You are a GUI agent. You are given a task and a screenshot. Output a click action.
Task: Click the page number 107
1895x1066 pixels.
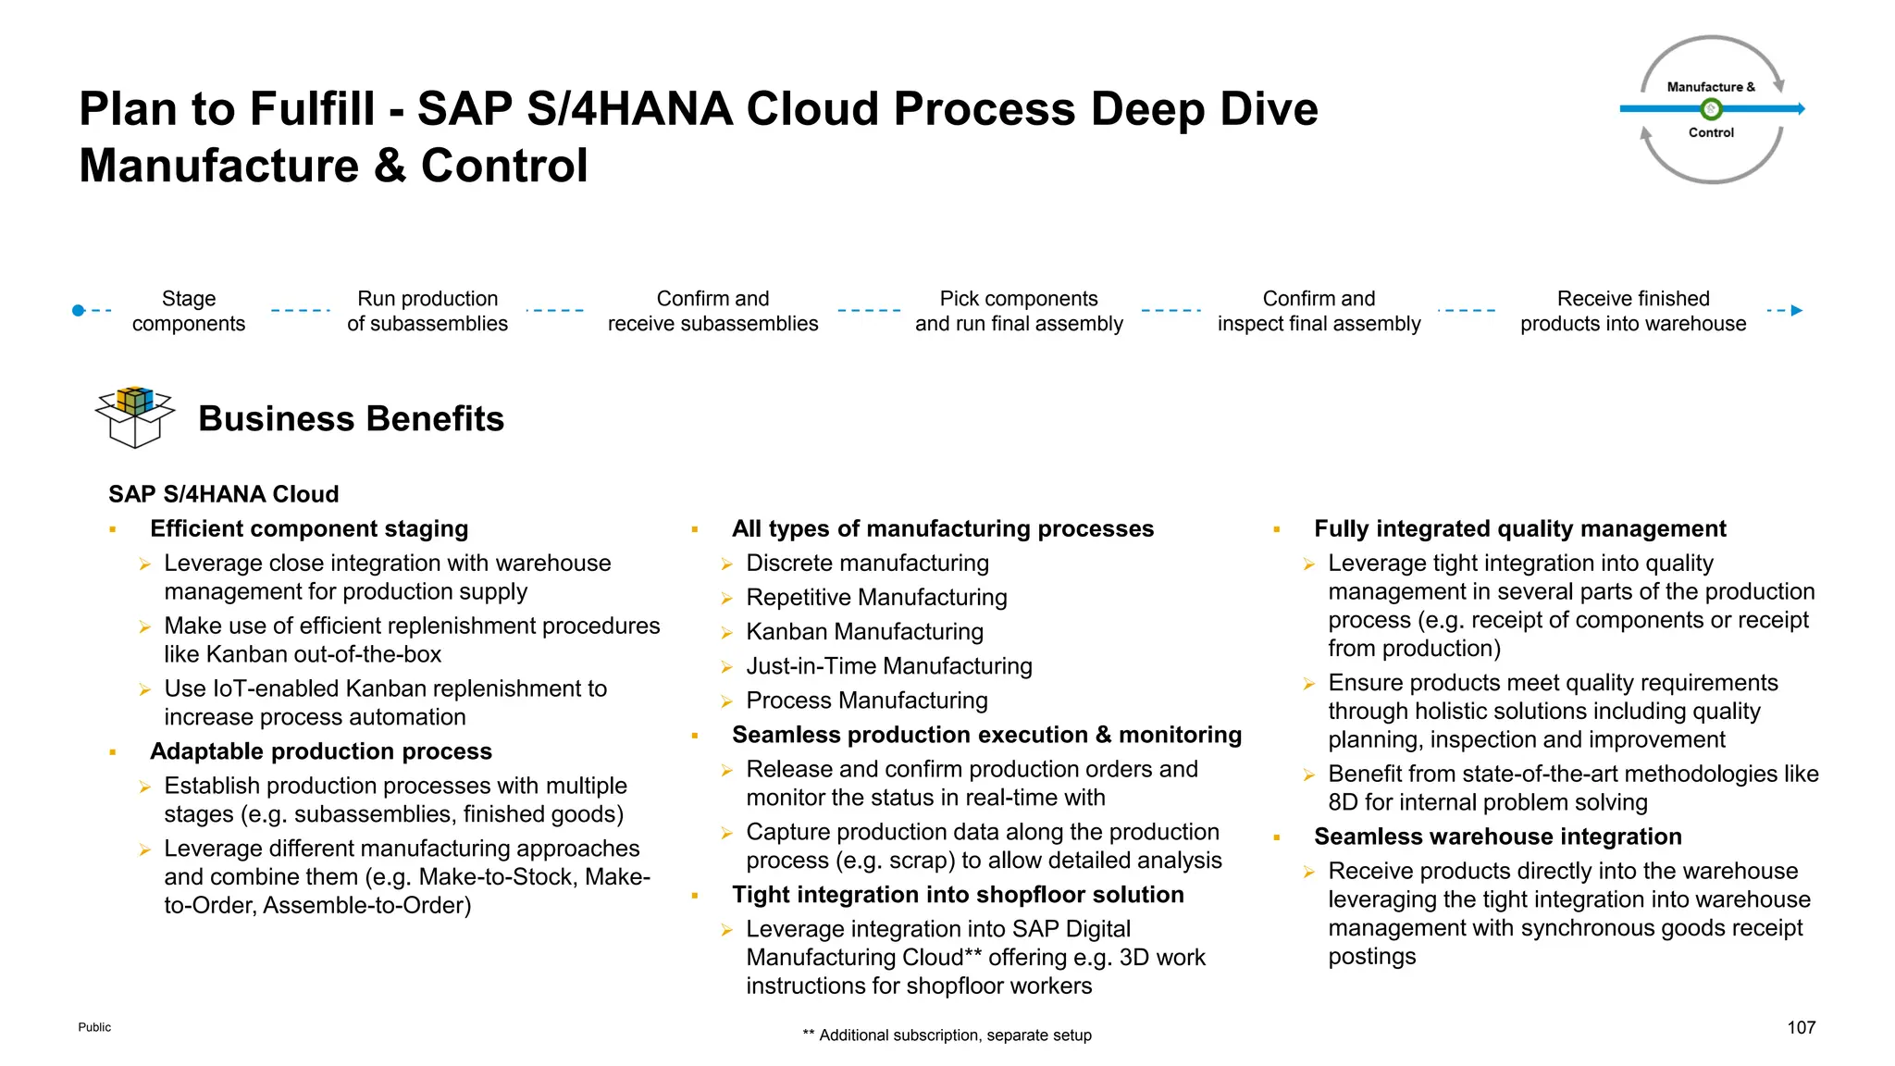coord(1801,1027)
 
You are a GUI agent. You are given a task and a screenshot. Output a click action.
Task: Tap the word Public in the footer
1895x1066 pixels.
coord(94,1027)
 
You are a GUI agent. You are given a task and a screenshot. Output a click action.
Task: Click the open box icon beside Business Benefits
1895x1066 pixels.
coord(135,417)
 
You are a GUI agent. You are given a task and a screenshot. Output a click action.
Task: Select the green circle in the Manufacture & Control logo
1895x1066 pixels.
coord(1712,109)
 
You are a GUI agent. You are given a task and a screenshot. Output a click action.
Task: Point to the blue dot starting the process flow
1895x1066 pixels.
coord(79,311)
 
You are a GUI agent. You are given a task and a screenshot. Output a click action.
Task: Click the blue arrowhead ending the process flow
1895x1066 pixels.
coord(1796,311)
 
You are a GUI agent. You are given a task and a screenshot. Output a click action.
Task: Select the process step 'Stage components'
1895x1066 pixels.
coord(189,311)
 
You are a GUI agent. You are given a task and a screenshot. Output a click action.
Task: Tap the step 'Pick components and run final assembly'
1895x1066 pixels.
coord(1019,311)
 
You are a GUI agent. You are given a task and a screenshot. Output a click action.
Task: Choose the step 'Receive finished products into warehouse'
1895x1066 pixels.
coord(1633,311)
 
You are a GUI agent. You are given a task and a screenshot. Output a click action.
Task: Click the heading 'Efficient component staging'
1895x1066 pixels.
coord(309,528)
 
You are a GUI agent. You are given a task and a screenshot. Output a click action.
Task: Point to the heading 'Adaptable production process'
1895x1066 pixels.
coord(321,751)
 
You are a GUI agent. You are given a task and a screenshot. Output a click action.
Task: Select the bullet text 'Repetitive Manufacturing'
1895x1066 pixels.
coord(876,598)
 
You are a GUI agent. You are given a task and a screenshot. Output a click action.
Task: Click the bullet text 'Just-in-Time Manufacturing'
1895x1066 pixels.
coord(889,666)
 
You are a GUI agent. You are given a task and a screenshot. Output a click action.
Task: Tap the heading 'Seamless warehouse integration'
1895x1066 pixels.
coord(1498,837)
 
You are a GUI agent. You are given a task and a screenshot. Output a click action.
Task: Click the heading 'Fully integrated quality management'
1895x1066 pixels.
coord(1520,528)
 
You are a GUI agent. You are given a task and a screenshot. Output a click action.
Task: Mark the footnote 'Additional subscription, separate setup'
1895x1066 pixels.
coord(954,1035)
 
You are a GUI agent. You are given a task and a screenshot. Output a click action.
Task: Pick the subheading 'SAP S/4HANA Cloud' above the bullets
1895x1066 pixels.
coord(224,494)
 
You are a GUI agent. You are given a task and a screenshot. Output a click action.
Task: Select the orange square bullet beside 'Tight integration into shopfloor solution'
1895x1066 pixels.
coord(694,896)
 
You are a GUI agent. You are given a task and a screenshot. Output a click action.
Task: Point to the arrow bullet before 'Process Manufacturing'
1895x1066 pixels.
coord(727,701)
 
